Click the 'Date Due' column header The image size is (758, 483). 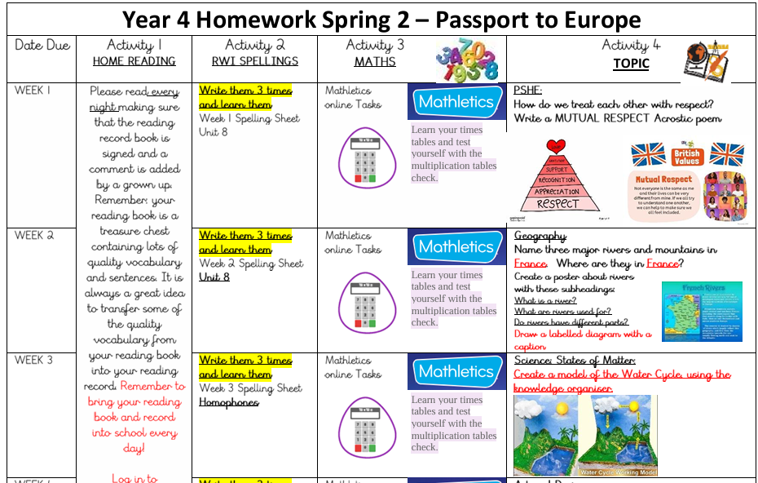click(x=42, y=46)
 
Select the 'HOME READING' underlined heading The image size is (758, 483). click(x=134, y=61)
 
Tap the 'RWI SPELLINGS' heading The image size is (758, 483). click(x=255, y=61)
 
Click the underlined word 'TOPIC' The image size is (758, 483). click(x=631, y=64)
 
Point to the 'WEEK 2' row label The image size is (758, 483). click(x=33, y=236)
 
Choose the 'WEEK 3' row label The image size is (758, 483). click(x=33, y=361)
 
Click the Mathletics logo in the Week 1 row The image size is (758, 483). click(x=456, y=102)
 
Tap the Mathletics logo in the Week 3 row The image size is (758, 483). click(x=456, y=371)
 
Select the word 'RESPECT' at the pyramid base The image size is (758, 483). click(x=558, y=204)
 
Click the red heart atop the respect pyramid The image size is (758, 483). click(x=556, y=147)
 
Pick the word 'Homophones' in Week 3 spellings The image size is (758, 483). click(x=229, y=402)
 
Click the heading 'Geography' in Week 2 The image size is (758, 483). click(x=540, y=236)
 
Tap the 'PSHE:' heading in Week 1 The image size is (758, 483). click(x=528, y=91)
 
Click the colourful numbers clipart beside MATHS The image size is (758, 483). click(x=466, y=59)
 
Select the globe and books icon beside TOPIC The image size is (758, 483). click(x=705, y=60)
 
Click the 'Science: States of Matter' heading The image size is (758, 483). click(x=575, y=361)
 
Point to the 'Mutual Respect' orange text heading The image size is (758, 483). click(x=664, y=179)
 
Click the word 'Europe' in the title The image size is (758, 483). click(x=597, y=20)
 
